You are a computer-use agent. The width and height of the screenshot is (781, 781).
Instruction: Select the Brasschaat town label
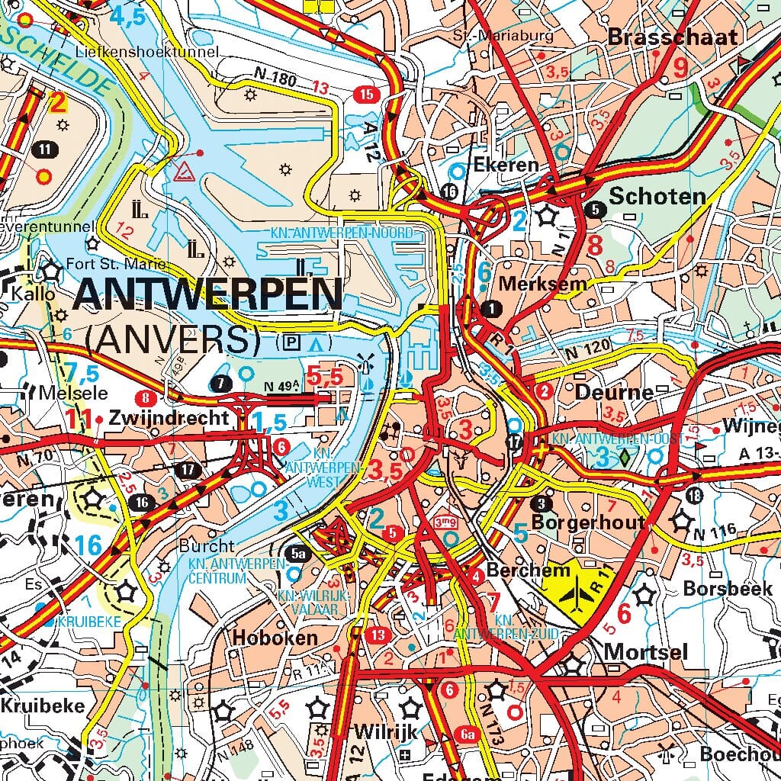[673, 37]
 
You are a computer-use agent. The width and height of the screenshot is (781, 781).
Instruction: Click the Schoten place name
[657, 196]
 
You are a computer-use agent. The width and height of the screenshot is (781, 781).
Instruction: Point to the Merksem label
[542, 284]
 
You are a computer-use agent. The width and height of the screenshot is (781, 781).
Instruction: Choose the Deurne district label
[615, 393]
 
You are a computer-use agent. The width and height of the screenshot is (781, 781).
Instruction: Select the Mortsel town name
[645, 652]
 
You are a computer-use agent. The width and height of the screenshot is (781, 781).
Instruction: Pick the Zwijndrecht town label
[169, 418]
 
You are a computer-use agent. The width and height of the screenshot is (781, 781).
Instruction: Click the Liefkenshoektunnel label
[147, 52]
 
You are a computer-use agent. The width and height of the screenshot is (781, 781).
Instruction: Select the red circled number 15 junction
[367, 95]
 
